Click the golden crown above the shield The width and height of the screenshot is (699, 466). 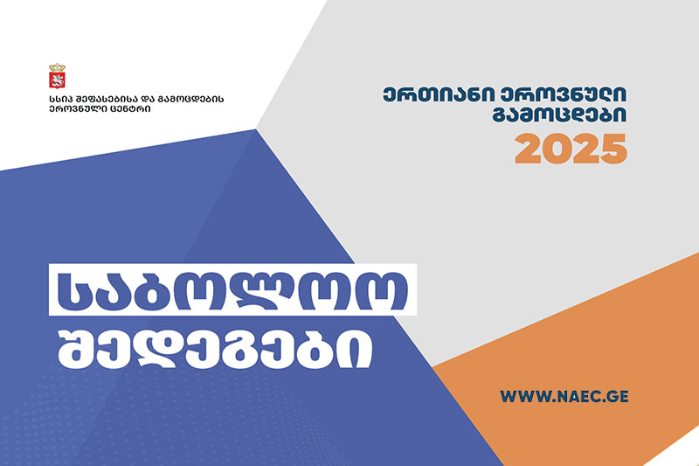coord(57,68)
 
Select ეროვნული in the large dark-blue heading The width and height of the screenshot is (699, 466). coord(563,94)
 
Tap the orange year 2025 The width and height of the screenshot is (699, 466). coord(571,149)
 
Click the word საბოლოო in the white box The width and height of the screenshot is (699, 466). coord(232,290)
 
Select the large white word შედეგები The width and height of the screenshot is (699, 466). coord(215,350)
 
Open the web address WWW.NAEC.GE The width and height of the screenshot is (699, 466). coord(564,396)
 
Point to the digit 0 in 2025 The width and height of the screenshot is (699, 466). coord(557,149)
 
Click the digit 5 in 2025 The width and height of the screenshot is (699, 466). coord(614,150)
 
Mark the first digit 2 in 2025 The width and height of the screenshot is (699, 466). coord(529,149)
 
